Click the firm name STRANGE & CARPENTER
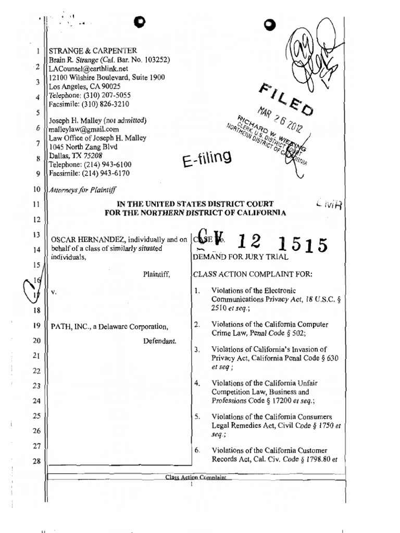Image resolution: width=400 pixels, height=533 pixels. point(93,51)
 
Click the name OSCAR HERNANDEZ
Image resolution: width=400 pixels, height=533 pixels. point(82,240)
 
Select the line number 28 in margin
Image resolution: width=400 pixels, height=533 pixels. point(36,461)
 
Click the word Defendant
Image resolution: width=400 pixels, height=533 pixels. point(159,341)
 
